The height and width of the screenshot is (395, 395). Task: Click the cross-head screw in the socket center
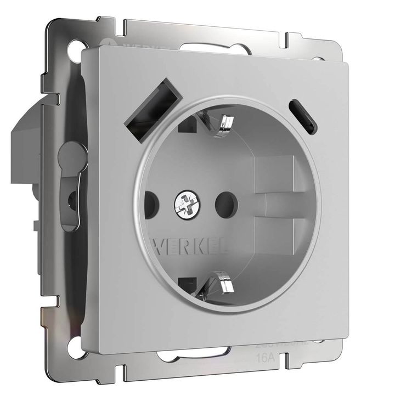click(184, 207)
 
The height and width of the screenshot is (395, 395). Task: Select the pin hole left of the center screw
click(151, 203)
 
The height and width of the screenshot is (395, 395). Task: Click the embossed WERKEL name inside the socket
click(182, 242)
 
